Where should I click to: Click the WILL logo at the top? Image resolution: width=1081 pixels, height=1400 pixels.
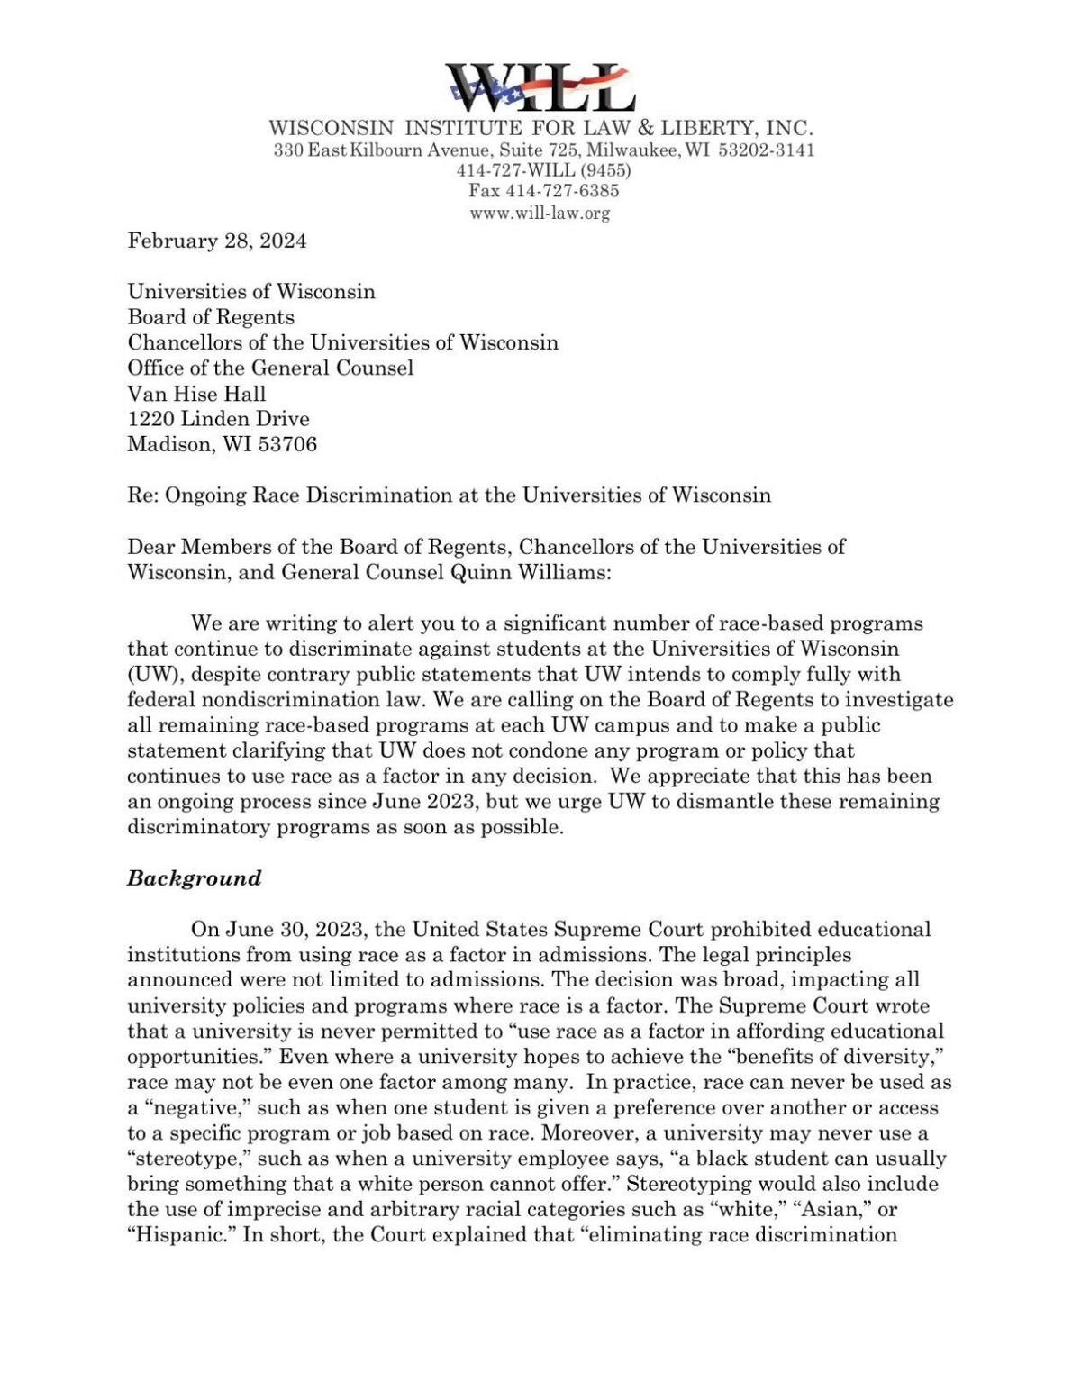541,87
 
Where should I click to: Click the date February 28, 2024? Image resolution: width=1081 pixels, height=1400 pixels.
216,241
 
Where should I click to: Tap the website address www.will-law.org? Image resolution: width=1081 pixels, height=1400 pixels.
540,214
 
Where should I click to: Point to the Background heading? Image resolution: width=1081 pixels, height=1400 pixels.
194,878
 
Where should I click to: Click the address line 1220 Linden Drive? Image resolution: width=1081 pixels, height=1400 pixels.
218,419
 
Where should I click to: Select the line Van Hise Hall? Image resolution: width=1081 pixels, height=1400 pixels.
196,394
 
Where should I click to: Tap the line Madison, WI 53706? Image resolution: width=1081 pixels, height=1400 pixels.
222,444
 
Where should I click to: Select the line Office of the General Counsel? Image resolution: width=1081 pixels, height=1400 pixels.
270,368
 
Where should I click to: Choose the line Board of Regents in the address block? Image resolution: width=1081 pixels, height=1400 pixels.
211,317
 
